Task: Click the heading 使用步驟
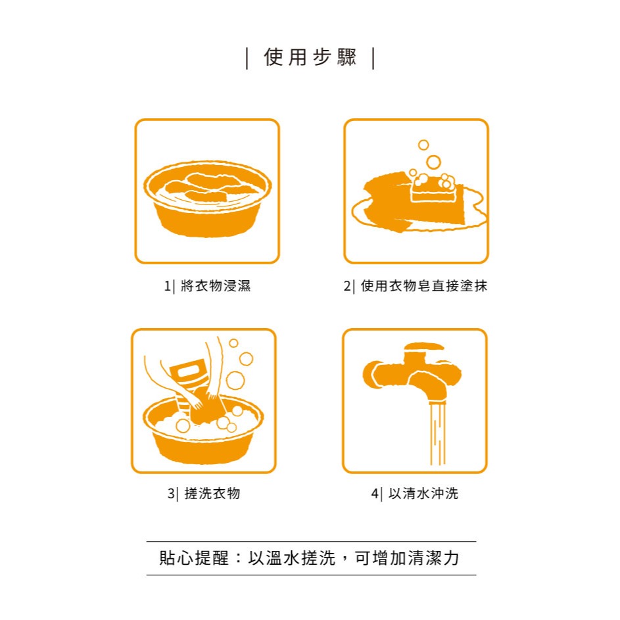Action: [x=310, y=58]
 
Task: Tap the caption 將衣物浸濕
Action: [x=216, y=287]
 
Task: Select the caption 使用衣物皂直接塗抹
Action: [x=424, y=287]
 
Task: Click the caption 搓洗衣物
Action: [x=212, y=494]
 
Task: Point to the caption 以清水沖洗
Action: [x=423, y=494]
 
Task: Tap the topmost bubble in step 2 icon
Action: [x=423, y=145]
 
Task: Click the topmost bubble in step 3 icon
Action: [x=233, y=343]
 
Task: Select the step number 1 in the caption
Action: [x=166, y=287]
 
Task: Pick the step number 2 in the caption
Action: [x=347, y=287]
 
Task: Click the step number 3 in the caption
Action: [x=171, y=494]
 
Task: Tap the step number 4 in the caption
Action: [x=375, y=494]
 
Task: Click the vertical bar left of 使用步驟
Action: [x=247, y=58]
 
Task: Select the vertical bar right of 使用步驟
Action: [x=373, y=58]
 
